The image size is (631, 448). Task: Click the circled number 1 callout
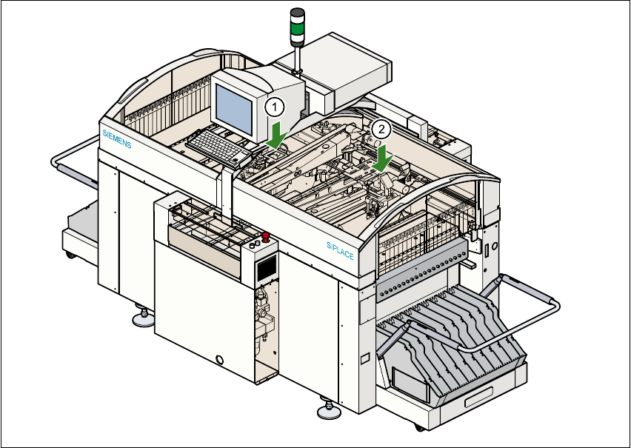tap(274, 107)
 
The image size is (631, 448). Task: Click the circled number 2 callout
tap(381, 128)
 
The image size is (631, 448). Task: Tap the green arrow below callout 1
tap(277, 136)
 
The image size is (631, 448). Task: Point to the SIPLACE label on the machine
tap(340, 250)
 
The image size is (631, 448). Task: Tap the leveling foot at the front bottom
tap(327, 409)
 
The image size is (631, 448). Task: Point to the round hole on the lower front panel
tap(218, 361)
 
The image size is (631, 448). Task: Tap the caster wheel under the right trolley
tap(420, 427)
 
